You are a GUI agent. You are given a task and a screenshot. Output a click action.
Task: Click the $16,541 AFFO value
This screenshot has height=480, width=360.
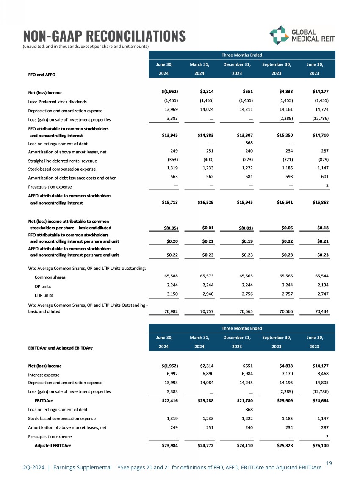[x=282, y=203]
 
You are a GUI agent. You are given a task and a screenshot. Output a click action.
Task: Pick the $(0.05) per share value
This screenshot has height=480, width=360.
[x=169, y=228]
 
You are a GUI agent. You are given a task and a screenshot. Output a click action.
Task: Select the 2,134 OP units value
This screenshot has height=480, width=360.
[x=321, y=286]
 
